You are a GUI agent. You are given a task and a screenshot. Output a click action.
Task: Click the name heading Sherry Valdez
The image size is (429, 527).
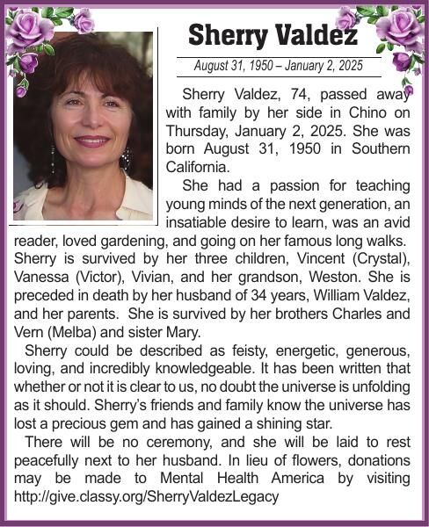pyautogui.click(x=273, y=35)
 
